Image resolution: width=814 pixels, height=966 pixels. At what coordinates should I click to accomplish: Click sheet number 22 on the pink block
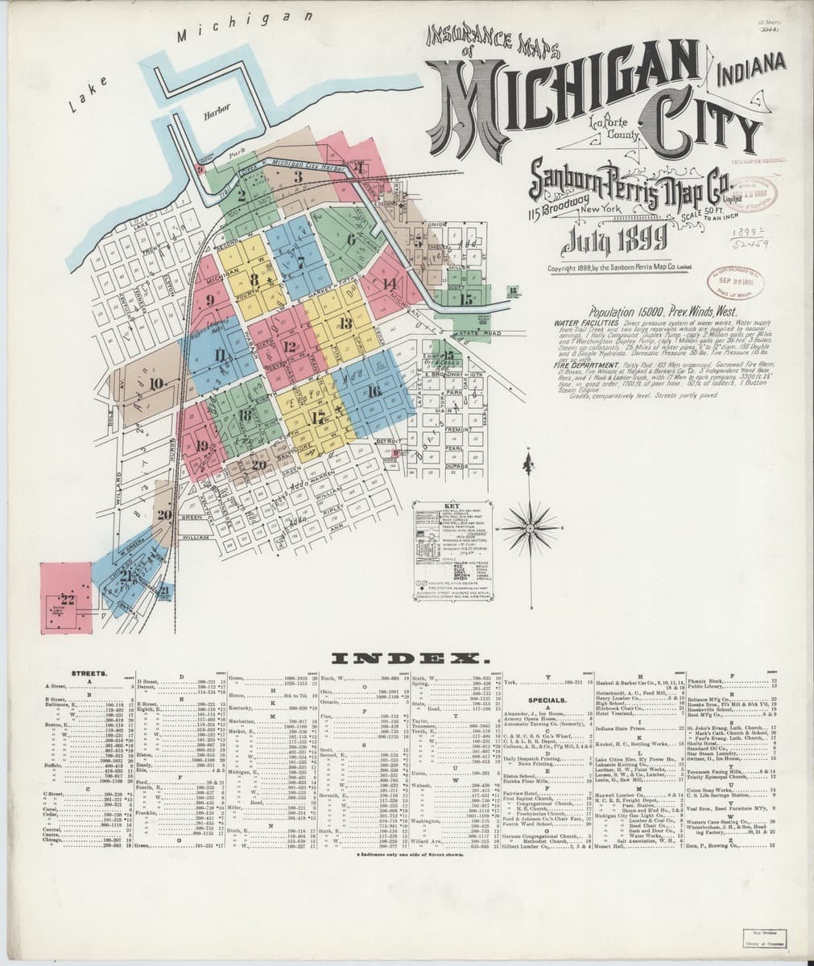(x=66, y=599)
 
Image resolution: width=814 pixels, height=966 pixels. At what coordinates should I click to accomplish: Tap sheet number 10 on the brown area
(x=156, y=382)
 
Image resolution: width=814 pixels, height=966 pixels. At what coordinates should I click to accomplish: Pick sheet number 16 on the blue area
(x=372, y=392)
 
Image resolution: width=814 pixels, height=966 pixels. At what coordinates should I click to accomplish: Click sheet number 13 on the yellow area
(x=345, y=324)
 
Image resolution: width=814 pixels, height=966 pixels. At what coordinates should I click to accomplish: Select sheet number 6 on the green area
(x=351, y=239)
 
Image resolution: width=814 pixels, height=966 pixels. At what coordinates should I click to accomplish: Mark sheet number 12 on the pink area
(x=289, y=346)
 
